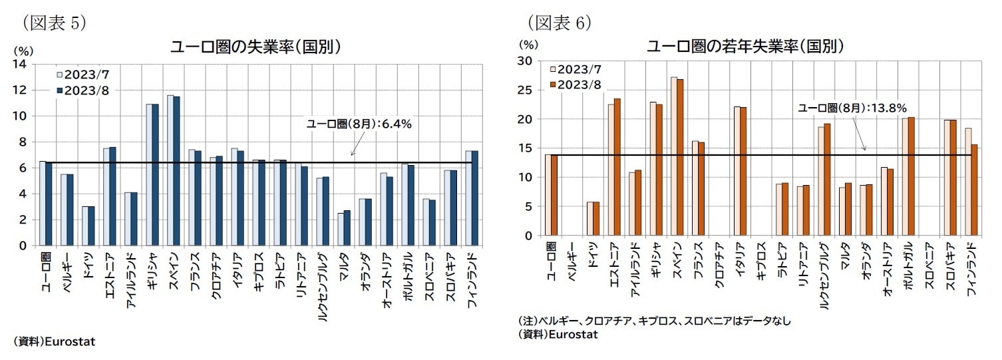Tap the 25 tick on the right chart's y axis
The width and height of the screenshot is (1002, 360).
tap(526, 90)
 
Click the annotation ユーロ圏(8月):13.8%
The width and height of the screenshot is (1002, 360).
tap(852, 107)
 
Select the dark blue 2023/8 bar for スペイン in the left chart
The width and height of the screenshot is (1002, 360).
tap(177, 171)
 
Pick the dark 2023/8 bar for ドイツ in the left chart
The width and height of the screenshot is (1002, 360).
tap(91, 226)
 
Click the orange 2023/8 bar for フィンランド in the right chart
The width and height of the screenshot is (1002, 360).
tap(974, 190)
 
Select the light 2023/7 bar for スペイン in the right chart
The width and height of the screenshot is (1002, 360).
tap(673, 156)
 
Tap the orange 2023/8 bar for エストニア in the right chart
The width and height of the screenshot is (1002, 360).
tap(617, 167)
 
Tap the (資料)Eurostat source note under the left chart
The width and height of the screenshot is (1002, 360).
tap(54, 341)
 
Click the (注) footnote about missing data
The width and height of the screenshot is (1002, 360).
tap(654, 321)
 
